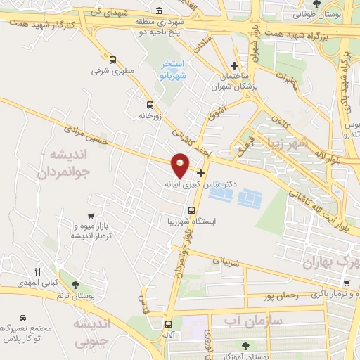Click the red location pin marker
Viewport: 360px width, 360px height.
click(181, 164)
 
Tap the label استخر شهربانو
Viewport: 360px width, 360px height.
click(170, 68)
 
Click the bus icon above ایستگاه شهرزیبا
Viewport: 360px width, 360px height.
click(192, 210)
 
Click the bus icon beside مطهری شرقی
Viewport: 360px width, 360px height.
click(113, 60)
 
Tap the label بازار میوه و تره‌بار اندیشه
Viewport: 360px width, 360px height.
click(91, 230)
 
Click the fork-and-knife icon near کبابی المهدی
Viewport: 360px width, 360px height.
click(39, 271)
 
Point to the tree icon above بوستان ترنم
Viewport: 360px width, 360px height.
click(75, 285)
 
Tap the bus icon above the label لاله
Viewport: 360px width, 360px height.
click(167, 324)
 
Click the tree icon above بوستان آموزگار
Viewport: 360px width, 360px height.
click(245, 345)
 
